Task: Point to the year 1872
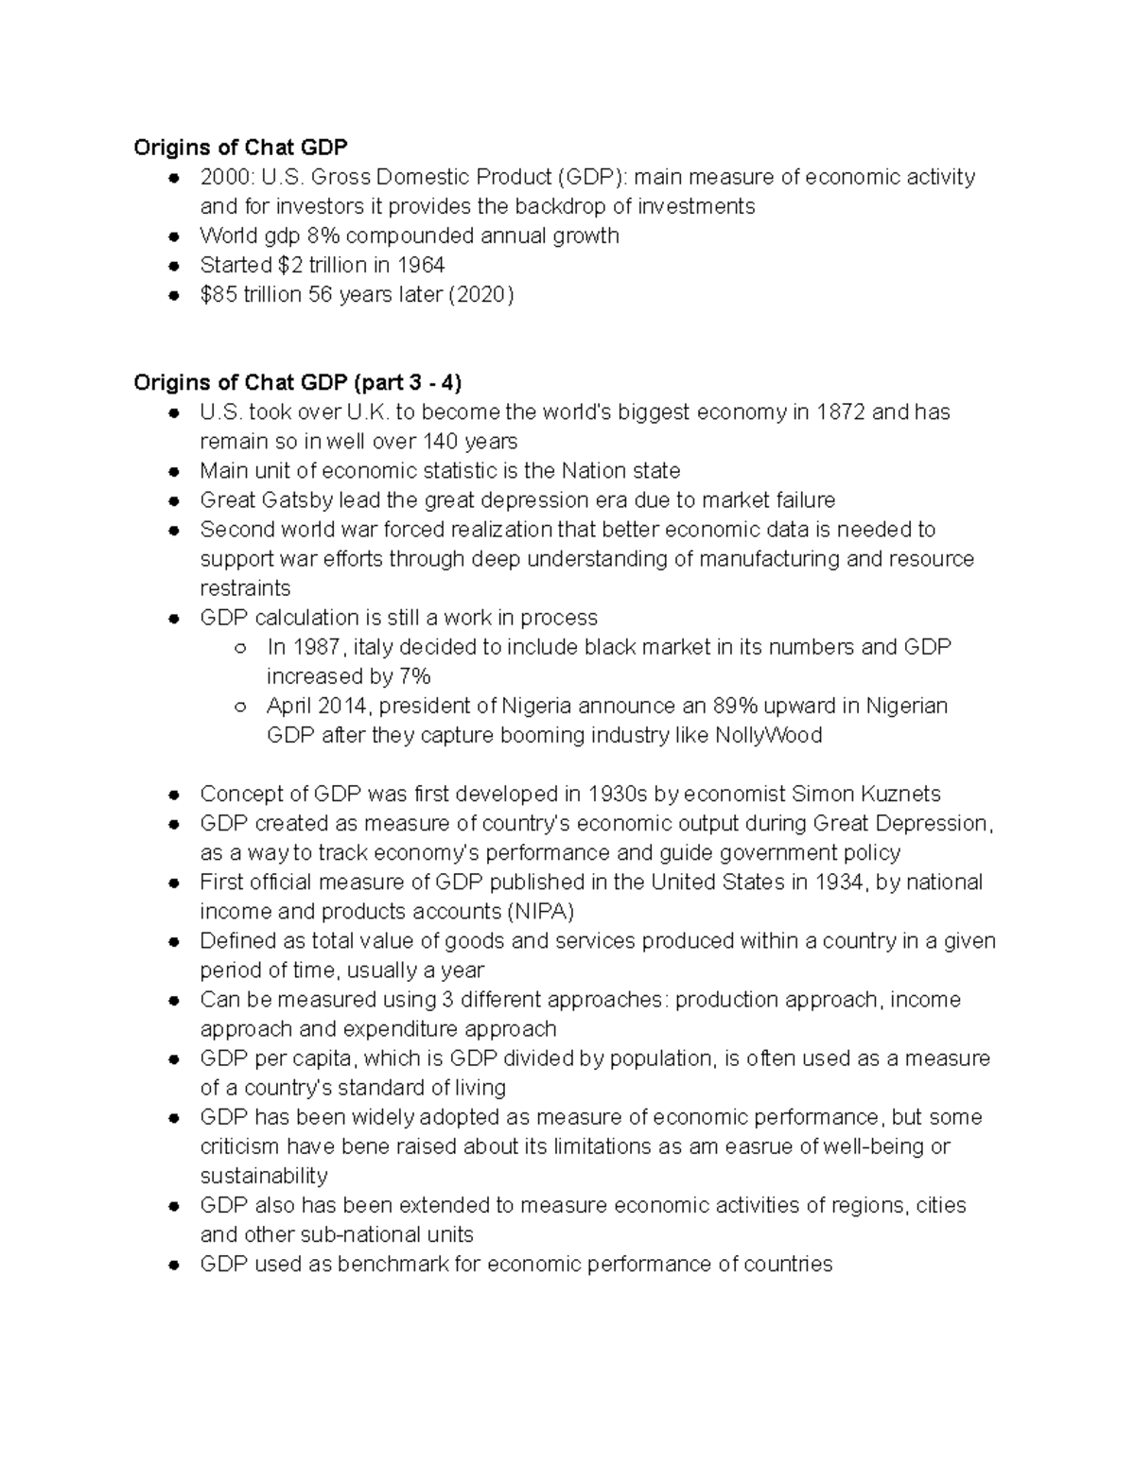pos(840,411)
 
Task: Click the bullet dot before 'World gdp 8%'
pos(174,236)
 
